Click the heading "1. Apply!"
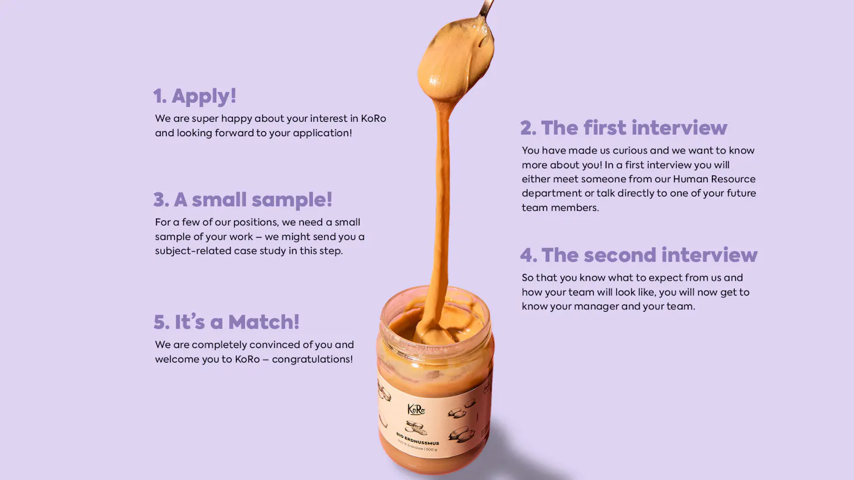pyautogui.click(x=195, y=96)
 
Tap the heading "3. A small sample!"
pyautogui.click(x=243, y=199)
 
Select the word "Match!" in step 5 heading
pyautogui.click(x=264, y=322)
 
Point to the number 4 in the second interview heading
pyautogui.click(x=529, y=255)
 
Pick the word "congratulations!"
pyautogui.click(x=312, y=359)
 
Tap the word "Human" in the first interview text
pyautogui.click(x=690, y=179)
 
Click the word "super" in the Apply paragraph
pyautogui.click(x=205, y=119)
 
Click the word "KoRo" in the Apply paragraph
pyautogui.click(x=373, y=119)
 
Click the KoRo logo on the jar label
pyautogui.click(x=416, y=410)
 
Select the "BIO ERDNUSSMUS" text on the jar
pyautogui.click(x=417, y=439)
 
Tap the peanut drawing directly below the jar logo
pyautogui.click(x=416, y=427)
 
